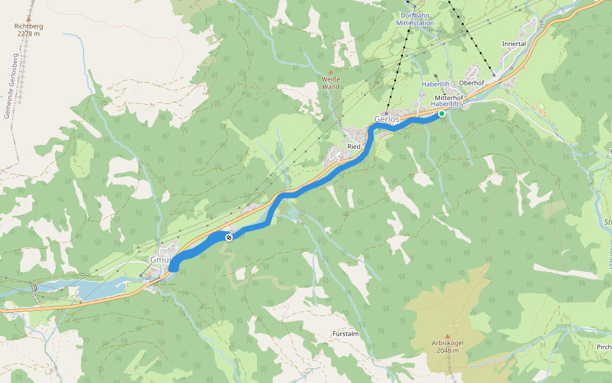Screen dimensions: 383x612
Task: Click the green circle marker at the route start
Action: [441, 114]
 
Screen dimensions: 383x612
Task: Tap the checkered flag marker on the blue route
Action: [229, 237]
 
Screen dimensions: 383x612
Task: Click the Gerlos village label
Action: [386, 119]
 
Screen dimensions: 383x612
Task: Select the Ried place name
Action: [354, 147]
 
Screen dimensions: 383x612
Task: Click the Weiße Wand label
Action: [330, 82]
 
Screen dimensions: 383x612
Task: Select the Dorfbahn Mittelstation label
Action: [415, 19]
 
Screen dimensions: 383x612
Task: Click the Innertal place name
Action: [514, 44]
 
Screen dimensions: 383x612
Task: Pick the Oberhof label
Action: [472, 82]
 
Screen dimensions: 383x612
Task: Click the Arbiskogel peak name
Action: [447, 343]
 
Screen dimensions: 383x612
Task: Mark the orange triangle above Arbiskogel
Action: [447, 336]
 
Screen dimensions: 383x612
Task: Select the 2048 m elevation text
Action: [447, 350]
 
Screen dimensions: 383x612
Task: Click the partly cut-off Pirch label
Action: [603, 347]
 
